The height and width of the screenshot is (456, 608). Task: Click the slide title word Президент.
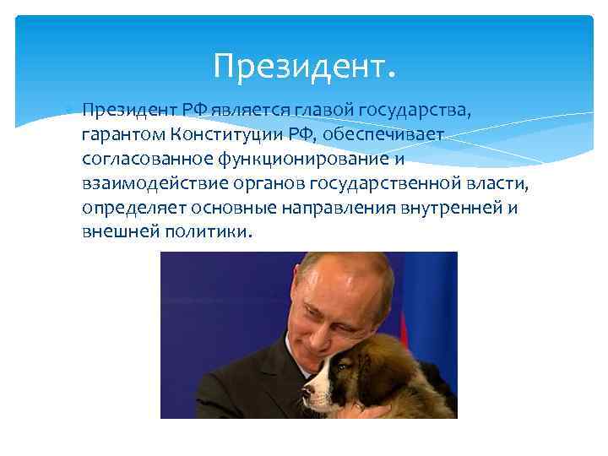[x=304, y=64]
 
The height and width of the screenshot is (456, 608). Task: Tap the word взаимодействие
[x=148, y=183]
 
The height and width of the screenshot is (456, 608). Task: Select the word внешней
[x=117, y=232]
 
